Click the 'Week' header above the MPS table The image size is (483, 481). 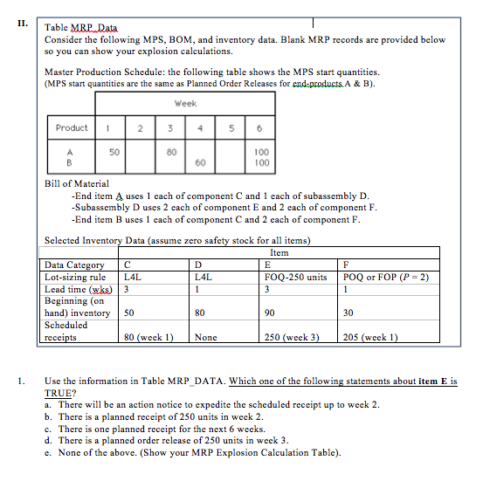(184, 102)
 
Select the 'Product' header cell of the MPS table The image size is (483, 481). (72, 127)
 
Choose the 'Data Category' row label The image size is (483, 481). (74, 265)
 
